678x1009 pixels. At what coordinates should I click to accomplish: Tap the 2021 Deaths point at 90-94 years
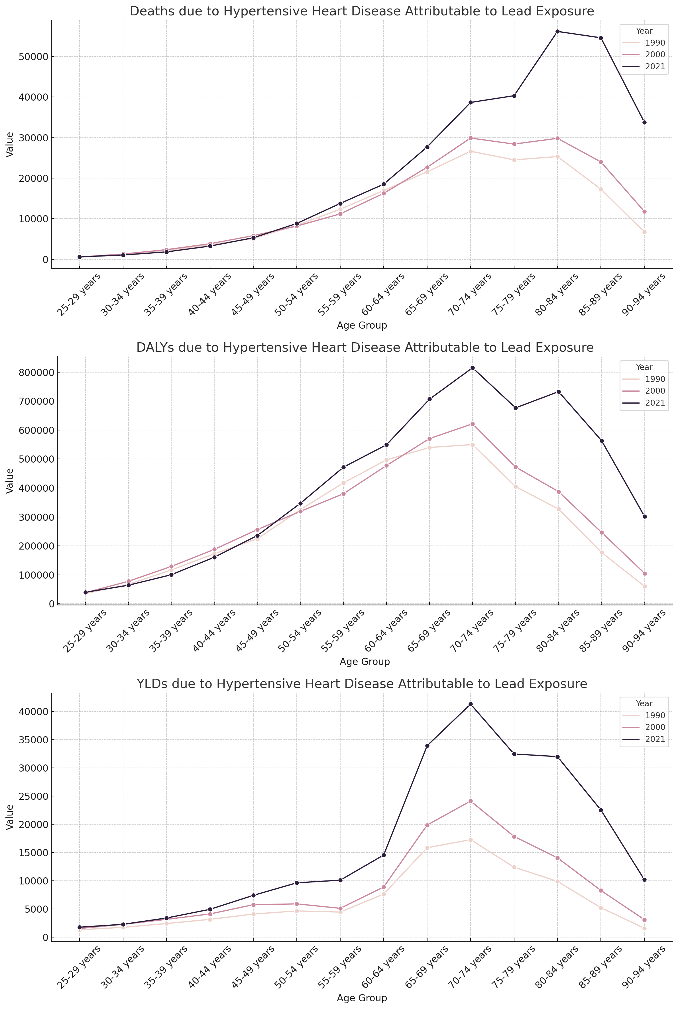tap(644, 122)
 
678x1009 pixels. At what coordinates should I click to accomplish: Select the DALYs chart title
tap(365, 348)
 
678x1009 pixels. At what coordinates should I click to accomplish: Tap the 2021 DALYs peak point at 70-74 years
tap(473, 368)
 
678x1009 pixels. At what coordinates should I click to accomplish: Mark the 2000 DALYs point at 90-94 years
tap(645, 573)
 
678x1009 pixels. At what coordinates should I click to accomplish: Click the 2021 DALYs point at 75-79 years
tap(516, 408)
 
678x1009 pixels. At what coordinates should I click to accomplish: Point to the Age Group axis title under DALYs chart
tap(365, 662)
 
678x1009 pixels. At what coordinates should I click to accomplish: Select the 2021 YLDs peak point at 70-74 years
tap(471, 704)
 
